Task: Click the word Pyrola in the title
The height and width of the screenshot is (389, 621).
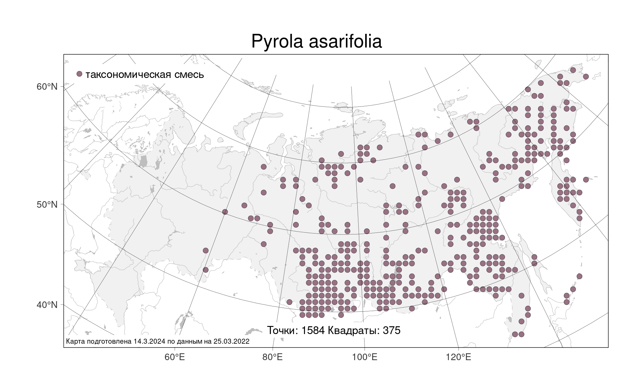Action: [277, 42]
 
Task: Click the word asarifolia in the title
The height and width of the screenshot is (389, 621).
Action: [345, 41]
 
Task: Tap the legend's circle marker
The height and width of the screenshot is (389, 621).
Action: [79, 74]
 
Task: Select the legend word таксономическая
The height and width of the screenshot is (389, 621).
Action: [128, 75]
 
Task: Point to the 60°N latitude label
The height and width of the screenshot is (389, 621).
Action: [47, 86]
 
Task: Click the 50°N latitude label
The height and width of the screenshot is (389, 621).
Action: [47, 205]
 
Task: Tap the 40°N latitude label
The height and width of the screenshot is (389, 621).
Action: [47, 305]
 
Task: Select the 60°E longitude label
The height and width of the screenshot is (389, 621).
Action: [175, 357]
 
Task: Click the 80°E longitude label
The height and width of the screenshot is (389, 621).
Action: [273, 357]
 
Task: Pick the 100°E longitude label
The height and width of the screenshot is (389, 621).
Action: [365, 357]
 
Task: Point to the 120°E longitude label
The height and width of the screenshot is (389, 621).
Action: [458, 357]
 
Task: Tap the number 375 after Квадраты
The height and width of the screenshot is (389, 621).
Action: [392, 330]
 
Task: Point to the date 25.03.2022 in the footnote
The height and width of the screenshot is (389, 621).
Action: [231, 342]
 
